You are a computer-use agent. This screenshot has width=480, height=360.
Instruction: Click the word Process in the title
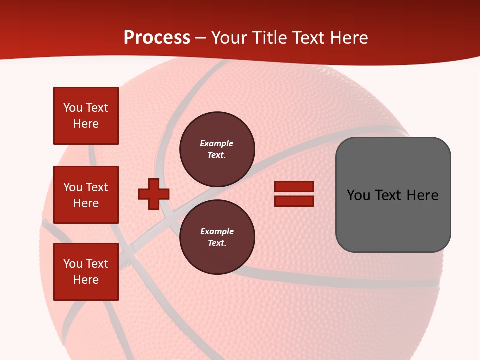[157, 38]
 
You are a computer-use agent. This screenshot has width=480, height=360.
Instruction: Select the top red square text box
[86, 116]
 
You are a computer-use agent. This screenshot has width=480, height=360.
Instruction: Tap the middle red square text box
[86, 195]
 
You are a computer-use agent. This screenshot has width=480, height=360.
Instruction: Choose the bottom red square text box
[86, 272]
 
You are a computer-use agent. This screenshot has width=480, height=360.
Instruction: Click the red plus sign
[154, 194]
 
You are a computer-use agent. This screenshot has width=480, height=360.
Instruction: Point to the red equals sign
[294, 194]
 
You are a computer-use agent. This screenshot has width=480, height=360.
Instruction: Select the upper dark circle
[217, 149]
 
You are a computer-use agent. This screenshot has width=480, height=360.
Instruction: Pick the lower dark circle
[217, 237]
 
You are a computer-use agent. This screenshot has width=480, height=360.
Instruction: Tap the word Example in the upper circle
[217, 143]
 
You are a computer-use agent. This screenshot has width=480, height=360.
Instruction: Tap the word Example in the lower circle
[217, 231]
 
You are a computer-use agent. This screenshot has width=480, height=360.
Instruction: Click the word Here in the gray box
[422, 195]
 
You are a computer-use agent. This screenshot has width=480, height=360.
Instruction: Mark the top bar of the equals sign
[294, 187]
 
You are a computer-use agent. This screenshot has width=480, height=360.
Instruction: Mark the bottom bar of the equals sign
[294, 201]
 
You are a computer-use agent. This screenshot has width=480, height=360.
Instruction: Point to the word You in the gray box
[359, 195]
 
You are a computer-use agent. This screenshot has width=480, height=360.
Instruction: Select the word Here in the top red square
[86, 124]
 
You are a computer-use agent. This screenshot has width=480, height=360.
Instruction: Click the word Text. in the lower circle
[217, 243]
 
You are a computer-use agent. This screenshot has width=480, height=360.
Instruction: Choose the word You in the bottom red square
[73, 264]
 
